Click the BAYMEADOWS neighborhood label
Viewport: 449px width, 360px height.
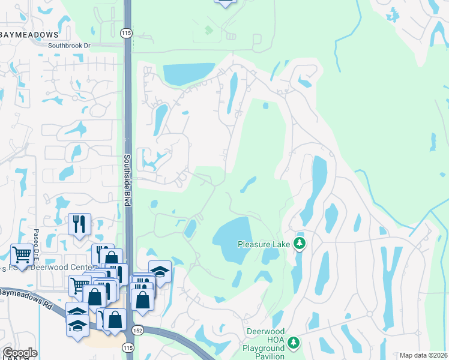tap(29, 35)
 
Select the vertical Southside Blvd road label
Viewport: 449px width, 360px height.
tap(127, 180)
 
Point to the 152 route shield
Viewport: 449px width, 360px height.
tap(138, 331)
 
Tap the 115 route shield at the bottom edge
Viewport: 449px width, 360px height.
tap(127, 347)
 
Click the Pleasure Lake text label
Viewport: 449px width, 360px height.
tap(264, 244)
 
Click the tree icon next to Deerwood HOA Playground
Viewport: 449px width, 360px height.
tap(293, 342)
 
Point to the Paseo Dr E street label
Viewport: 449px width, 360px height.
tap(36, 241)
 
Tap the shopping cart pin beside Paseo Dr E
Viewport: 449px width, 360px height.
tap(22, 255)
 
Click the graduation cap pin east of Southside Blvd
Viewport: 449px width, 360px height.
tap(160, 271)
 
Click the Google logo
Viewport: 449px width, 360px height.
tap(19, 353)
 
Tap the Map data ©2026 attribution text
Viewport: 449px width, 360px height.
tap(423, 355)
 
